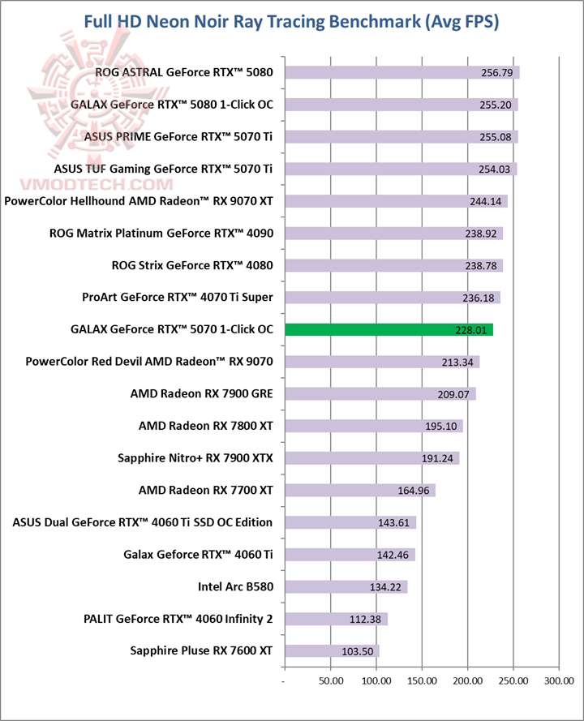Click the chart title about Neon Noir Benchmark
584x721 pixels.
tap(292, 22)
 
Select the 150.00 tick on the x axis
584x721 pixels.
tap(423, 680)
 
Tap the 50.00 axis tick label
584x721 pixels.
tap(331, 680)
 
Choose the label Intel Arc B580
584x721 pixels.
tap(235, 586)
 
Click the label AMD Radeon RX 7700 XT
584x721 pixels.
tap(206, 490)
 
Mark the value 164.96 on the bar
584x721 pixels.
tap(414, 490)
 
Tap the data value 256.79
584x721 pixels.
tap(497, 73)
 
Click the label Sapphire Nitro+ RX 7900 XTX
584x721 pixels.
tap(195, 457)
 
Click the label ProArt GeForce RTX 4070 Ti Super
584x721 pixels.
tap(178, 297)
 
